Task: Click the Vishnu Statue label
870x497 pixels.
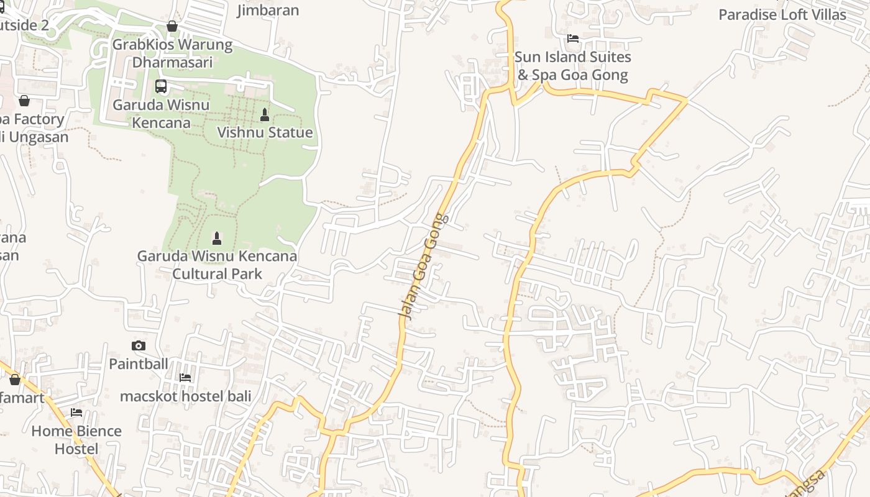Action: (x=265, y=132)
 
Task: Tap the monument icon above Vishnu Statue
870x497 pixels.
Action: (x=265, y=115)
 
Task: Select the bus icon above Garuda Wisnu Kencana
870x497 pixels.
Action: (x=161, y=86)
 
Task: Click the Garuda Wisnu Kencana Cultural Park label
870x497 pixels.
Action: (x=217, y=265)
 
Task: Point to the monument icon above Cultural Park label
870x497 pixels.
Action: (x=217, y=238)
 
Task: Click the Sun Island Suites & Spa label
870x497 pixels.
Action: (x=572, y=66)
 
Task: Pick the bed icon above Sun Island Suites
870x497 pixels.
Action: (x=573, y=39)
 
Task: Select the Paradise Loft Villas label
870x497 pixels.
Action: (x=782, y=14)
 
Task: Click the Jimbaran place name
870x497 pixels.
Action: (x=268, y=10)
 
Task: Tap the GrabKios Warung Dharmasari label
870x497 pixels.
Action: (x=172, y=53)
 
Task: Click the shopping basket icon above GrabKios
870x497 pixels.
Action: (x=172, y=26)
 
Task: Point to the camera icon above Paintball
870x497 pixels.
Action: (x=139, y=345)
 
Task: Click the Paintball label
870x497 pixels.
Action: (x=139, y=363)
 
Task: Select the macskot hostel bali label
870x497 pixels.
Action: (x=185, y=396)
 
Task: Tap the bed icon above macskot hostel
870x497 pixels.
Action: (x=185, y=377)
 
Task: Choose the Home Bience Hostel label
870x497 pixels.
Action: (x=76, y=440)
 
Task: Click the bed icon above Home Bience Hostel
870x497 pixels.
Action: (x=76, y=412)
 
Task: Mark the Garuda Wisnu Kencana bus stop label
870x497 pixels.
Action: (x=161, y=114)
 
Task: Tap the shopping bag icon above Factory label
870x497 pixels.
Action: (x=24, y=101)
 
